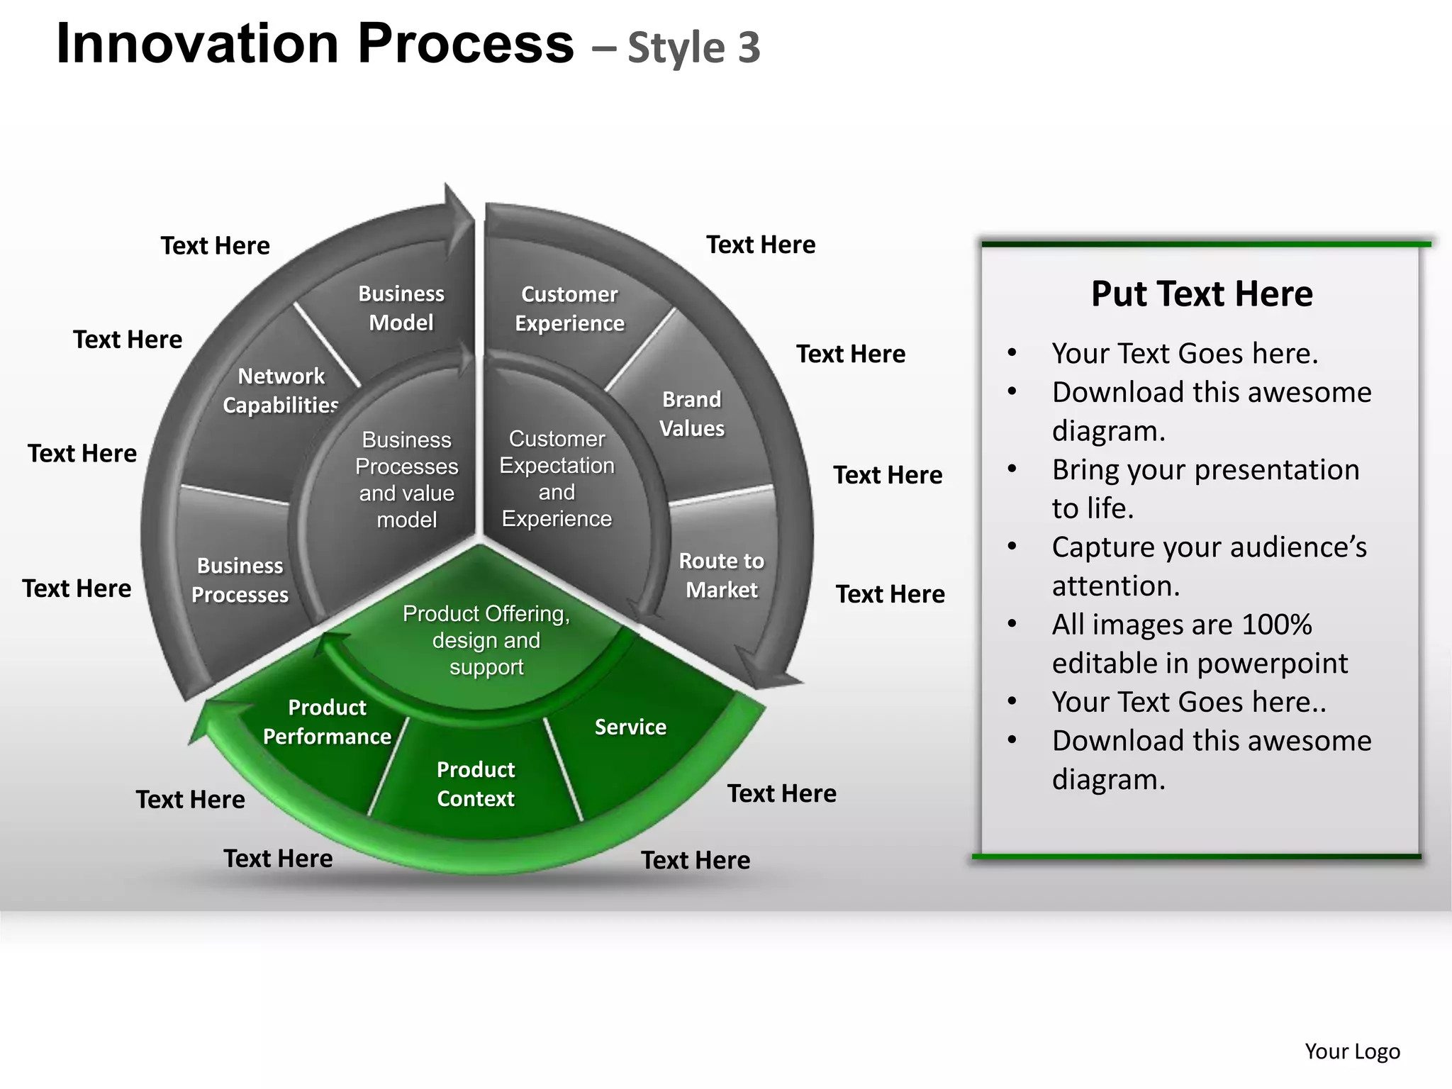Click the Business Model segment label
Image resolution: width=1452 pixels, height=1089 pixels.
coord(401,308)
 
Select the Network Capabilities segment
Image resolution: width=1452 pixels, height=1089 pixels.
coord(281,391)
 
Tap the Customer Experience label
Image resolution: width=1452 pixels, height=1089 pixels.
coord(569,309)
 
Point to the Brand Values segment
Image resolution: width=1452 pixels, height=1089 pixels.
coord(691,414)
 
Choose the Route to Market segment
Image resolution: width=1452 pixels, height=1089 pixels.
coord(721,575)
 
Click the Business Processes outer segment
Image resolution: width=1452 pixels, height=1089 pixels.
coord(240,580)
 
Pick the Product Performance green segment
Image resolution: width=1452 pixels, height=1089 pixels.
coord(327,722)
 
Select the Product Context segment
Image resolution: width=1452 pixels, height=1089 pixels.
coord(475,784)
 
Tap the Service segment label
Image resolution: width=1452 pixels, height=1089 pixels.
coord(630,727)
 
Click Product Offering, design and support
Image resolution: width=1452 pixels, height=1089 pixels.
coord(486,640)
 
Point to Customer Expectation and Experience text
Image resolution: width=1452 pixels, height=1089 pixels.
coord(557,479)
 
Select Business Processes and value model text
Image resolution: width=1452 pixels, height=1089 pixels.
coord(406,480)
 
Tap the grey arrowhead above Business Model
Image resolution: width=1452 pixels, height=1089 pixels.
coord(457,216)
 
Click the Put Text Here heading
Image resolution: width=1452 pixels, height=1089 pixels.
coord(1201,294)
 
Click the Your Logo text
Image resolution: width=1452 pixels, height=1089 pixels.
coord(1352,1051)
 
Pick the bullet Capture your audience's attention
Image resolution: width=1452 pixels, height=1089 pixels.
coord(1209,566)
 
